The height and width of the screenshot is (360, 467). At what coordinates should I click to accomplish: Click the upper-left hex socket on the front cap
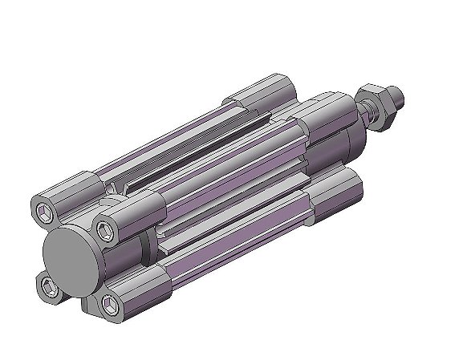46,212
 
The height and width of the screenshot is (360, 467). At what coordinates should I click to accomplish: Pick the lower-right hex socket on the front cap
107,303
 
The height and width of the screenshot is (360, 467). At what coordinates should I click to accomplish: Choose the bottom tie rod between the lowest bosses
241,241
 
